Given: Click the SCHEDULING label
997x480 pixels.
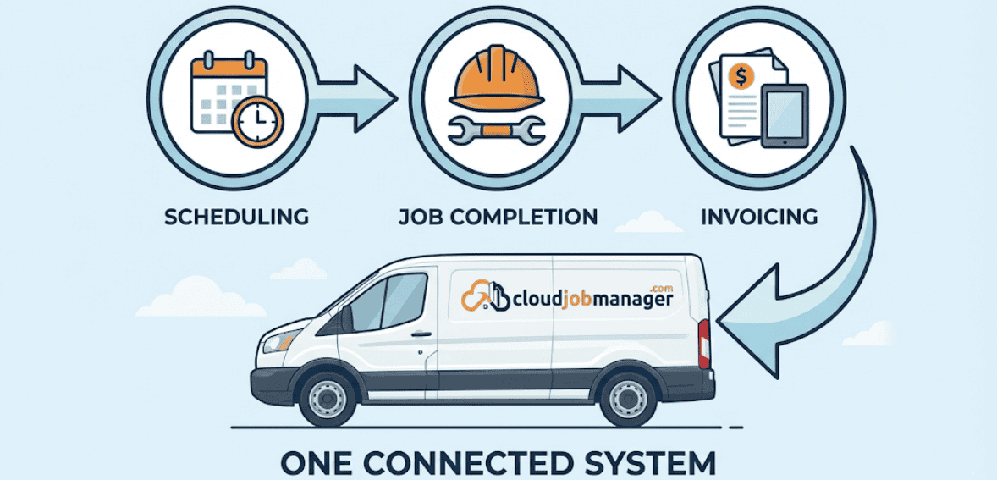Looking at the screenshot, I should coord(235,217).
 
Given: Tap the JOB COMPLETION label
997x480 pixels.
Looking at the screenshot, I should coord(498,217).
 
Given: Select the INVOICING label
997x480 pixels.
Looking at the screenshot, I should coord(759,217).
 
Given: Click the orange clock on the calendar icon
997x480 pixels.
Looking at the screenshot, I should coord(257,121).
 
